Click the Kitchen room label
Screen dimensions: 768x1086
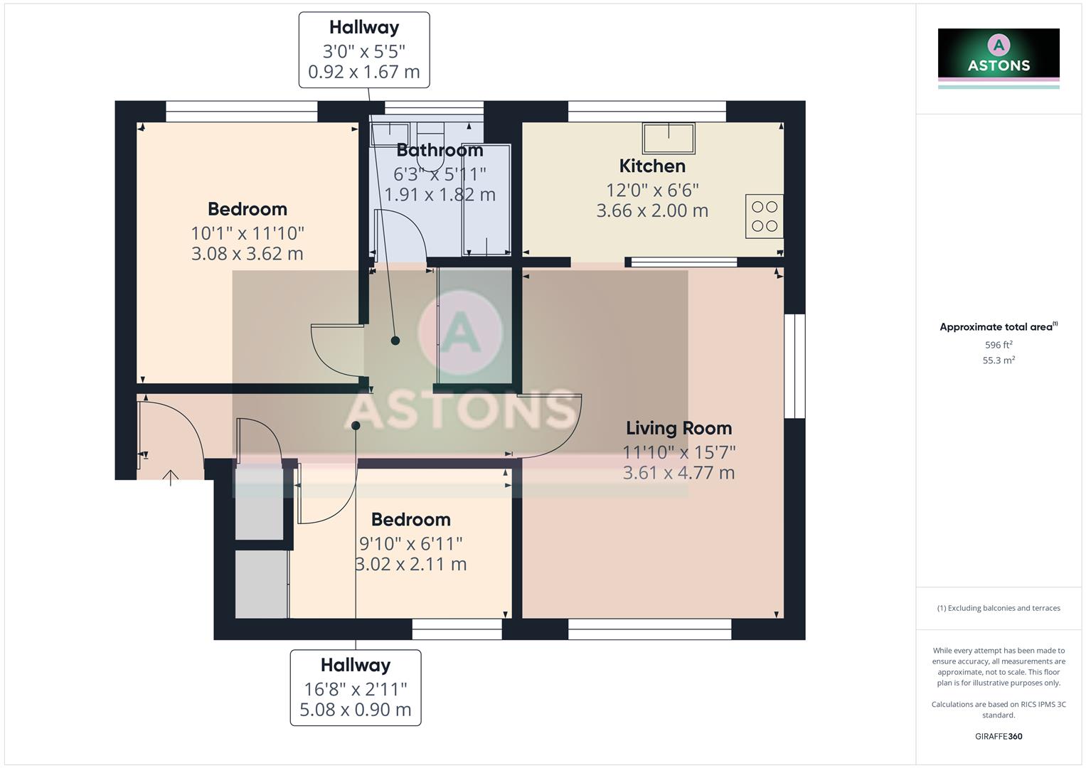pyautogui.click(x=652, y=166)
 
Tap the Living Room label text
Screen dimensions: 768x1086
pyautogui.click(x=678, y=428)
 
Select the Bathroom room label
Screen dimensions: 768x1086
pyautogui.click(x=440, y=151)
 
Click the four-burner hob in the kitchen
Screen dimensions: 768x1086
pyautogui.click(x=765, y=216)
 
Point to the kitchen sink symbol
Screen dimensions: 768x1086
pyautogui.click(x=669, y=138)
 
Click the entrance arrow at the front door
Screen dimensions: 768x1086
pyautogui.click(x=171, y=477)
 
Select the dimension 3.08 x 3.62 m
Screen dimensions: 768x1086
pyautogui.click(x=247, y=254)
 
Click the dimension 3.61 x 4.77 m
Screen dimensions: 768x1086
pyautogui.click(x=678, y=473)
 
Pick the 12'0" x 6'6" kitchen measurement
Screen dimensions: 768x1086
pyautogui.click(x=652, y=191)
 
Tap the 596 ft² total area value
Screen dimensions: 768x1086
pyautogui.click(x=999, y=345)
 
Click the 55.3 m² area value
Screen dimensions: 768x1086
pyautogui.click(x=999, y=361)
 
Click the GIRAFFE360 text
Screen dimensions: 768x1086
pyautogui.click(x=999, y=737)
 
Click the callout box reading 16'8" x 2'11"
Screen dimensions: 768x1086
pyautogui.click(x=356, y=688)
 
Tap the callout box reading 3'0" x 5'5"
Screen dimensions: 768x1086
pyautogui.click(x=364, y=50)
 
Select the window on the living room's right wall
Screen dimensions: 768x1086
pyautogui.click(x=795, y=366)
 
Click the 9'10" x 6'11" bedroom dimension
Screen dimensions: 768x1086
pyautogui.click(x=410, y=544)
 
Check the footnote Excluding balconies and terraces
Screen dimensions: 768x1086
pyautogui.click(x=999, y=608)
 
